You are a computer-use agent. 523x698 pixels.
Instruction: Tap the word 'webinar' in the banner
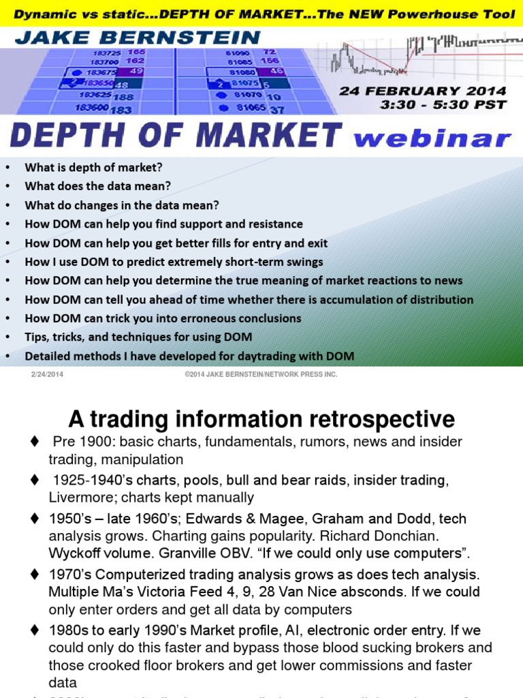432,138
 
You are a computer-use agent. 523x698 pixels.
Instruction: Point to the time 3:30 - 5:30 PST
444,104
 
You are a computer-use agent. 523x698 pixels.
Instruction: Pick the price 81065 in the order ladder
250,108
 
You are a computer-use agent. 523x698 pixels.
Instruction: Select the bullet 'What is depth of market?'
94,167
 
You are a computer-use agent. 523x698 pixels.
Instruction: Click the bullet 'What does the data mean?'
98,185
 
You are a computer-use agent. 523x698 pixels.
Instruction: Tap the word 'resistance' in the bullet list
275,224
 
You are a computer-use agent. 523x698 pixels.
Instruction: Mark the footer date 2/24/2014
47,374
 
